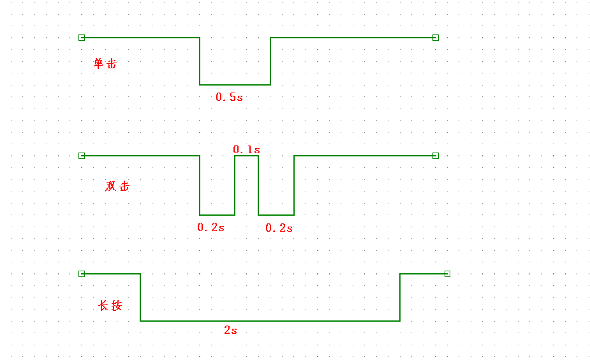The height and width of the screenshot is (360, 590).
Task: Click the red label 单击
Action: [x=105, y=63]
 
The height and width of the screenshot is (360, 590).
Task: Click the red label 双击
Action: [x=117, y=186]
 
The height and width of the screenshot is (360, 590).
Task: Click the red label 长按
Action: [x=110, y=306]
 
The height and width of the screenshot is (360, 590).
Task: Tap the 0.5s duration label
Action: [x=229, y=98]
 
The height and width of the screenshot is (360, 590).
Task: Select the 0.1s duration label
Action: [x=246, y=149]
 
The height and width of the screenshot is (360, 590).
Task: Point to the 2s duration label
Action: [x=230, y=331]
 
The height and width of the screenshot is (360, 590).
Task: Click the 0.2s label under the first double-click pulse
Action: [x=210, y=227]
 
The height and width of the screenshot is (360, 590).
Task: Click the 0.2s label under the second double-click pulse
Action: [x=279, y=228]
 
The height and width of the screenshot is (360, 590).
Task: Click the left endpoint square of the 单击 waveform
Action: [x=82, y=38]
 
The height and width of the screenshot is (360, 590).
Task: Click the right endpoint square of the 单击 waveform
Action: [x=436, y=38]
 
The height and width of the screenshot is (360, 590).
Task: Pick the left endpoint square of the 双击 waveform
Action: [x=82, y=156]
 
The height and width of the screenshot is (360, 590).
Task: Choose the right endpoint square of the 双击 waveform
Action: [x=436, y=156]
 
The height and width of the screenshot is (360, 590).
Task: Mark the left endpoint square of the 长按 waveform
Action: [x=82, y=274]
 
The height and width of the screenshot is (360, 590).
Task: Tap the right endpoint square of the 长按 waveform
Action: [x=447, y=274]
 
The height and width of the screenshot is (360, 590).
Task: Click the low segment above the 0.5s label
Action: [x=235, y=85]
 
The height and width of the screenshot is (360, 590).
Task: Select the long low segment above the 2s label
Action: [x=270, y=321]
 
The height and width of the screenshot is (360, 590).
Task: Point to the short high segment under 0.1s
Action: [x=247, y=156]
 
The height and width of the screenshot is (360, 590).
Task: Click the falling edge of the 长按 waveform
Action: [x=140, y=297]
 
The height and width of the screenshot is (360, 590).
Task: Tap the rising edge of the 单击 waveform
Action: [x=270, y=61]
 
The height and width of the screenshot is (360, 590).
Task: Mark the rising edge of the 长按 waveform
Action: [x=400, y=297]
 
